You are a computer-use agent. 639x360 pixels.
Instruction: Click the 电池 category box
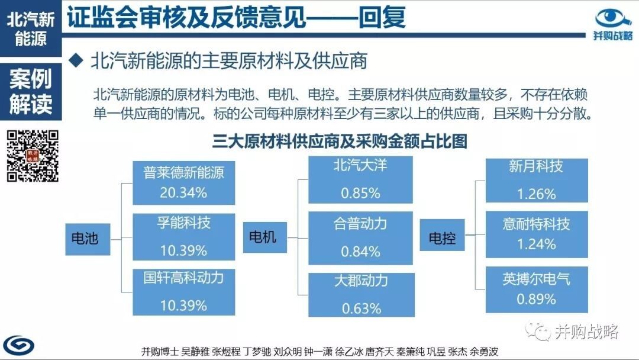pos(88,239)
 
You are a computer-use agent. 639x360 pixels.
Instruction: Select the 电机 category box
pos(265,237)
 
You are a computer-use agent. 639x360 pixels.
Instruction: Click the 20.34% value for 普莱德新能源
pos(183,192)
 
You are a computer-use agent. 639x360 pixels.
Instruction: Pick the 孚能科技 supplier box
pos(184,237)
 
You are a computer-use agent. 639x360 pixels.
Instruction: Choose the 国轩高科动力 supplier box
pos(184,292)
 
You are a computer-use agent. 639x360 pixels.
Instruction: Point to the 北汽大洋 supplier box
pos(360,180)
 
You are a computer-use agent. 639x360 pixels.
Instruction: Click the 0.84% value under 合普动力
pos(361,252)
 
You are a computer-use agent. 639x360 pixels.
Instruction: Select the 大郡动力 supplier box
pos(362,295)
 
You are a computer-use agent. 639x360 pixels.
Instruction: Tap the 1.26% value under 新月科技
pos(536,194)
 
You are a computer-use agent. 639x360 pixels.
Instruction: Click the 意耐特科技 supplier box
pos(537,234)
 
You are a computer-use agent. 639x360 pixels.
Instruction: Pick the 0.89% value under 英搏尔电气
pos(536,299)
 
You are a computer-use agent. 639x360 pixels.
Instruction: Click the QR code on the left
pos(33,156)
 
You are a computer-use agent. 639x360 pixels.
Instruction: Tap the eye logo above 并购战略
pos(613,18)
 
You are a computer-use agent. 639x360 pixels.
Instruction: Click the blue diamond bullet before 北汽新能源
pos(76,61)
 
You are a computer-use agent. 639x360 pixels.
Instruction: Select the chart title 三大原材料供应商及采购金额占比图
pos(340,141)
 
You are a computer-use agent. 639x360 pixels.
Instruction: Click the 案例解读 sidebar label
pos(31,91)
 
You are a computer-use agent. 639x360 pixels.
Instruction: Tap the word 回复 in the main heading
pos(382,17)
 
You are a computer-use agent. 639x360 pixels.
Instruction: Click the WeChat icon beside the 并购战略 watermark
pos(538,331)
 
